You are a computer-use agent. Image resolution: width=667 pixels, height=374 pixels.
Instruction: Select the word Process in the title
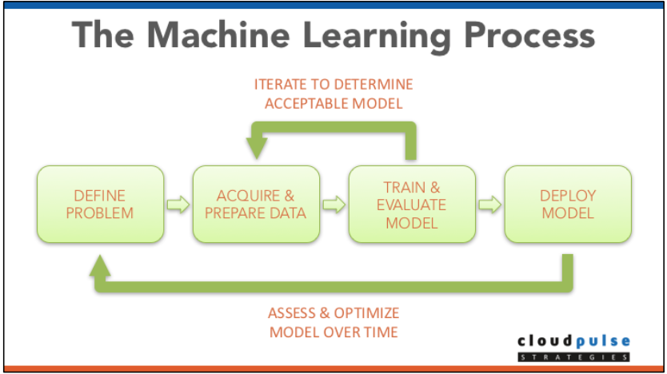tap(529, 37)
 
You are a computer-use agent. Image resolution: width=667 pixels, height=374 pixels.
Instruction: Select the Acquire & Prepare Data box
tap(257, 204)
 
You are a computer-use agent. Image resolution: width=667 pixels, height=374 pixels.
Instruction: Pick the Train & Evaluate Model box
tap(412, 204)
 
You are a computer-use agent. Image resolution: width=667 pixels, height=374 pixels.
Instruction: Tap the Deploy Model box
tap(567, 204)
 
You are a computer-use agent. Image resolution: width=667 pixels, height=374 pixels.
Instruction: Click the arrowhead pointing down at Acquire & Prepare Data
tap(258, 146)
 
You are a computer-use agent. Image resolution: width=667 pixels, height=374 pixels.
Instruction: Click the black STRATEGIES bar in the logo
tap(573, 356)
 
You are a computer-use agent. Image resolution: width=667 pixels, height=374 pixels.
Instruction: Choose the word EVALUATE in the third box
tap(412, 205)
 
